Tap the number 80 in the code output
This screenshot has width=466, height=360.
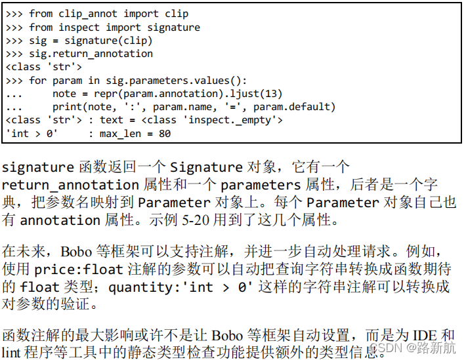coord(164,134)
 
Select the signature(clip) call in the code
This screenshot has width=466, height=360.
coord(110,41)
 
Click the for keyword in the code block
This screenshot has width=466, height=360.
coord(38,81)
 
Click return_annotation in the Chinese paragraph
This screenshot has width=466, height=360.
coord(70,186)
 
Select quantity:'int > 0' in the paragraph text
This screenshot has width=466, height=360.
coord(181,287)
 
